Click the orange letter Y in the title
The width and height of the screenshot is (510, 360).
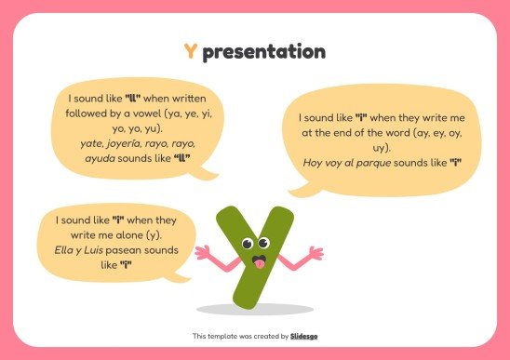pyautogui.click(x=191, y=52)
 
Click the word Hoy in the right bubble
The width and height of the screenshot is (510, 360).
pyautogui.click(x=314, y=162)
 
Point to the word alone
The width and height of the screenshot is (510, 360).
pyautogui.click(x=126, y=235)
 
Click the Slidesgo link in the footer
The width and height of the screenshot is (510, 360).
pyautogui.click(x=303, y=335)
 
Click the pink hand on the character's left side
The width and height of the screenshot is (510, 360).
pyautogui.click(x=201, y=252)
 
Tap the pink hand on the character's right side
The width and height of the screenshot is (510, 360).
pyautogui.click(x=315, y=252)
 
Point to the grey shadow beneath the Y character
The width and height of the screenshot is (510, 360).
pyautogui.click(x=256, y=309)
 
